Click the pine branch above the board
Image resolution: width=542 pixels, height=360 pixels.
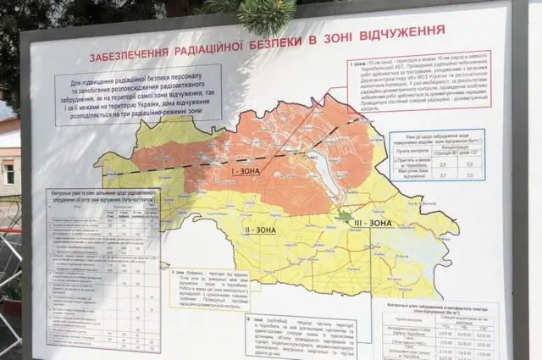(263, 13)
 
